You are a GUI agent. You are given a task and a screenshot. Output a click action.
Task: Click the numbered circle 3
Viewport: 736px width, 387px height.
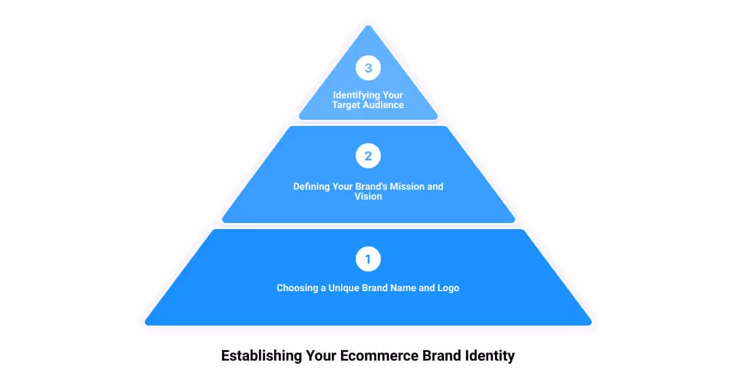(x=368, y=68)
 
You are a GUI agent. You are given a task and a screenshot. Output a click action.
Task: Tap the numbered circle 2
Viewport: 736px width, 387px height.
(x=368, y=156)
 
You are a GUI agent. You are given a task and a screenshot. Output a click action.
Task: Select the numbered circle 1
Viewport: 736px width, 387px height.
(x=368, y=259)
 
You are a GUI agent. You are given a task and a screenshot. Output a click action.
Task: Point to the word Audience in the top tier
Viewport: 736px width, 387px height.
(x=384, y=105)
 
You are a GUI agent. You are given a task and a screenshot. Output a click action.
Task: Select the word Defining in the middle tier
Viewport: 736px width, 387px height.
(x=312, y=186)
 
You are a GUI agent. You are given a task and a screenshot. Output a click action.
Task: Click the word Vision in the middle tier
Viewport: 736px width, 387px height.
(x=368, y=197)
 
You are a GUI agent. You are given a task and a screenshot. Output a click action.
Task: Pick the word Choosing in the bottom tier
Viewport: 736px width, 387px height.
(x=297, y=287)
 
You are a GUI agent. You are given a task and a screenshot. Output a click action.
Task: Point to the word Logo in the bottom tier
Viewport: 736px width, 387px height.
(x=448, y=287)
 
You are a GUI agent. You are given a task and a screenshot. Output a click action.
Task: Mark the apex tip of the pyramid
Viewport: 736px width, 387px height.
(x=368, y=26)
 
